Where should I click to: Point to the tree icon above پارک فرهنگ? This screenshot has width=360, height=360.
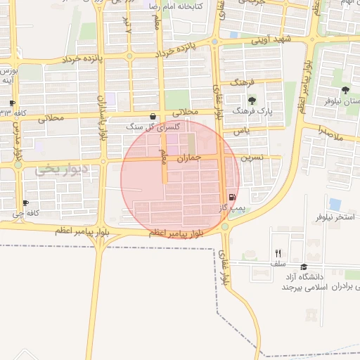pos(252,101)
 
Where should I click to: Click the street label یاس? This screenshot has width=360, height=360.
pos(242,131)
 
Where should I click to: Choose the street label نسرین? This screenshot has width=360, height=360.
pos(252,158)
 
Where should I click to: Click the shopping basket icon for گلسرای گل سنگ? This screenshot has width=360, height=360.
pos(153,117)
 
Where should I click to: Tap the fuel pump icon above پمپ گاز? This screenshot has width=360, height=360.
pos(231,198)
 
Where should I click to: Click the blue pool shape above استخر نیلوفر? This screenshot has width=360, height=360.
pos(335,204)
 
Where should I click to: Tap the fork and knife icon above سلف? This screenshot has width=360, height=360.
pos(278,254)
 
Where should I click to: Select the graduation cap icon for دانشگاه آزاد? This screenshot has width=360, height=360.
pos(304,266)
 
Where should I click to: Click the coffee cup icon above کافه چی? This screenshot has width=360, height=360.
pos(26,202)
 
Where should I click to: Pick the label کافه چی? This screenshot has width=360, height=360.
pos(28,212)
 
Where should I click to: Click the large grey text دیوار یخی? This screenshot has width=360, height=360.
pos(64,169)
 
